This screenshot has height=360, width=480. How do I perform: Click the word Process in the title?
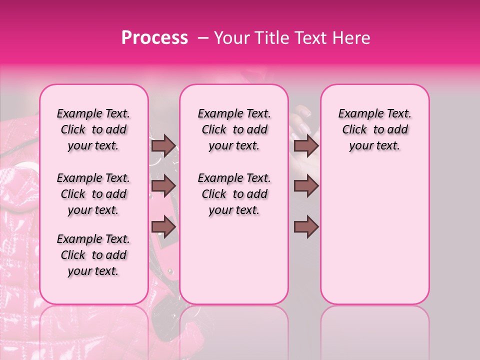click(154, 38)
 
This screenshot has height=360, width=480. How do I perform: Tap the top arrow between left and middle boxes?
click(163, 145)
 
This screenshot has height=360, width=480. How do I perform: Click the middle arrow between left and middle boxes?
click(163, 186)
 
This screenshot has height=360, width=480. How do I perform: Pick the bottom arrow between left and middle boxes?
click(163, 226)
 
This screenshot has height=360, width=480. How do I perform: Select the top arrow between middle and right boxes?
click(306, 145)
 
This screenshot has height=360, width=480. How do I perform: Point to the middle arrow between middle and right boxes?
click(306, 186)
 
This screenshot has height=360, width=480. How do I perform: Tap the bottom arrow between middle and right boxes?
click(306, 226)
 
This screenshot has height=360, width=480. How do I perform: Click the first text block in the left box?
click(93, 129)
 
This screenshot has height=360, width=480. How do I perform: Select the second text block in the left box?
click(93, 194)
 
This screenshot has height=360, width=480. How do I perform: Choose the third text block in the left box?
click(93, 255)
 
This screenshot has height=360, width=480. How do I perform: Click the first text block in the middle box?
click(234, 129)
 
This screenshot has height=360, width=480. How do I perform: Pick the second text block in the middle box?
click(234, 194)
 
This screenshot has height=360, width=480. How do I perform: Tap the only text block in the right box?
click(374, 129)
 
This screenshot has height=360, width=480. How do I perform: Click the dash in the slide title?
click(203, 38)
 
